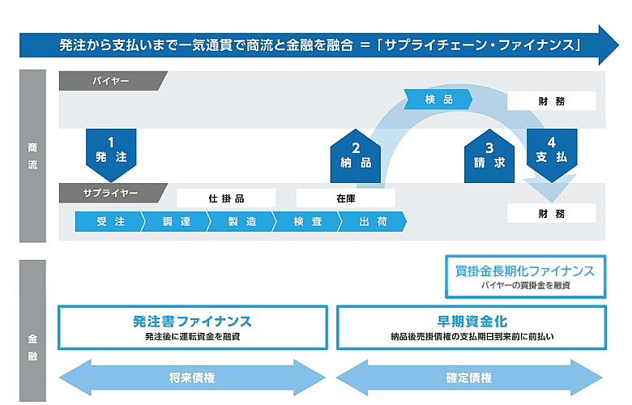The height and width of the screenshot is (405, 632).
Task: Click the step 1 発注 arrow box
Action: pos(110,153)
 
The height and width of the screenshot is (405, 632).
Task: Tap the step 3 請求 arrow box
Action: pos(489,156)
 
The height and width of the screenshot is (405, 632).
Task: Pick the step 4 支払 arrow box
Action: pos(552,153)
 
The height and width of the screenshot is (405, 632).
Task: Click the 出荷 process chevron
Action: pos(373,221)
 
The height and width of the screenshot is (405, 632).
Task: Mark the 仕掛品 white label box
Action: pos(226,198)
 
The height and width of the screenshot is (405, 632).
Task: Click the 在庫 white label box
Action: pos(346,198)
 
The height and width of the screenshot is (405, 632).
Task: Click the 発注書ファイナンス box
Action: pos(192,326)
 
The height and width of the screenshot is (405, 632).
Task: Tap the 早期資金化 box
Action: pos(470,326)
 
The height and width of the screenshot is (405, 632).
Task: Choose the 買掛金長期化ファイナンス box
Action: pos(524,277)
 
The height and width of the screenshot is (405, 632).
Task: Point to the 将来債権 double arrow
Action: pos(192,377)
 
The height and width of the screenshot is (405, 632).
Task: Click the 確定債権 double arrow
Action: pos(470,377)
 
